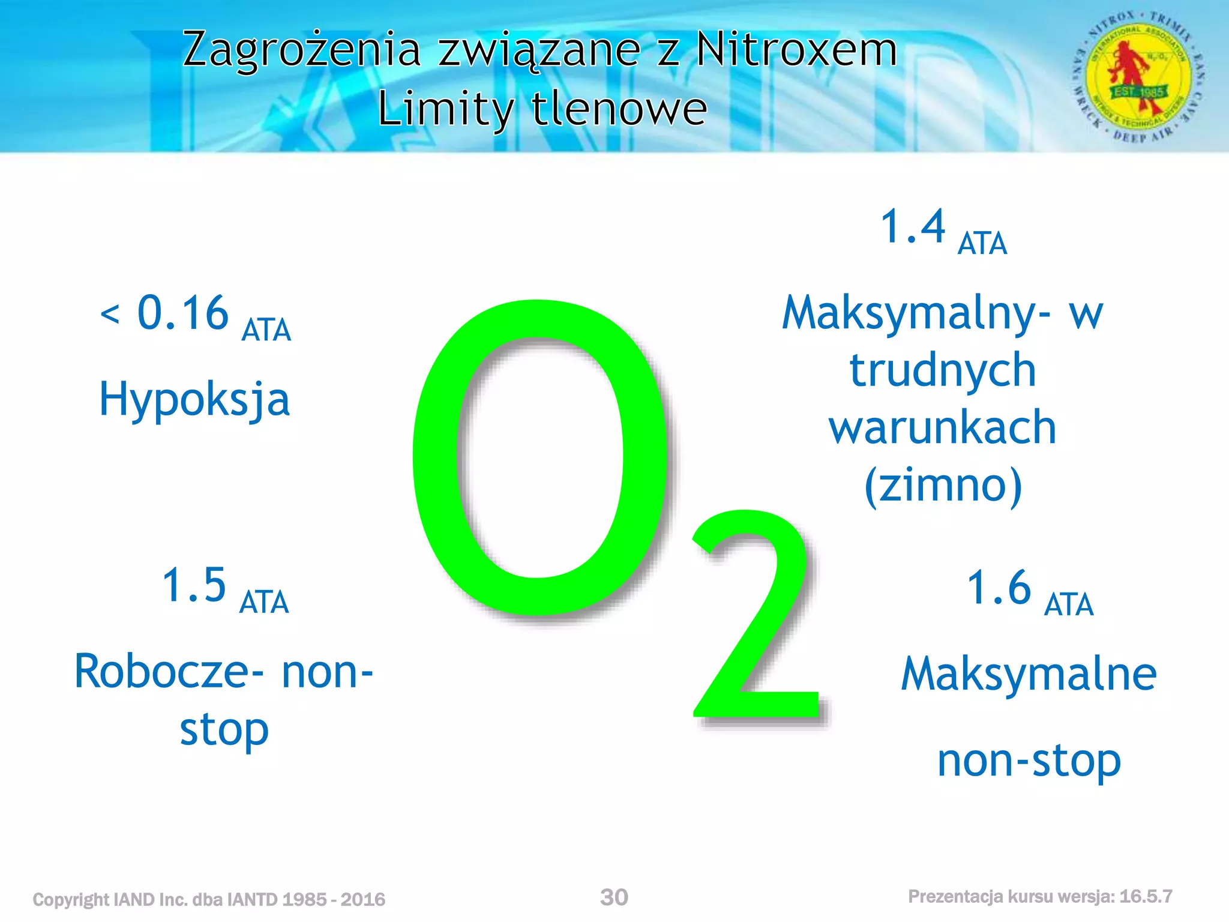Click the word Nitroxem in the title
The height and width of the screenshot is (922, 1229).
click(x=796, y=49)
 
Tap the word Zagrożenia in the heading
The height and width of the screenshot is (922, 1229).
click(x=302, y=50)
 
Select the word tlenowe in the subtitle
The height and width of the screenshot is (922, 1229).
click(x=619, y=109)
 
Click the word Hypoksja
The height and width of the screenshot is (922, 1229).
click(x=194, y=400)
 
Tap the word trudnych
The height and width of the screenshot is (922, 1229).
click(x=943, y=370)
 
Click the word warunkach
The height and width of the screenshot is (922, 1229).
click(x=943, y=427)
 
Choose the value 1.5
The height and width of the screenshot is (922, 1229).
click(x=194, y=585)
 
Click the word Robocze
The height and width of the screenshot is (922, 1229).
click(x=162, y=671)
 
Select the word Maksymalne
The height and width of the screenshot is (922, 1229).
click(x=1029, y=674)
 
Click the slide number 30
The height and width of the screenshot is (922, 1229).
click(x=614, y=897)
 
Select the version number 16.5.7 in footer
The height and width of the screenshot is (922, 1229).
click(x=1146, y=897)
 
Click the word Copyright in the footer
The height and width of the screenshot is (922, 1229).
click(x=70, y=899)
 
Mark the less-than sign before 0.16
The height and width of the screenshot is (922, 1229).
click(x=110, y=313)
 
